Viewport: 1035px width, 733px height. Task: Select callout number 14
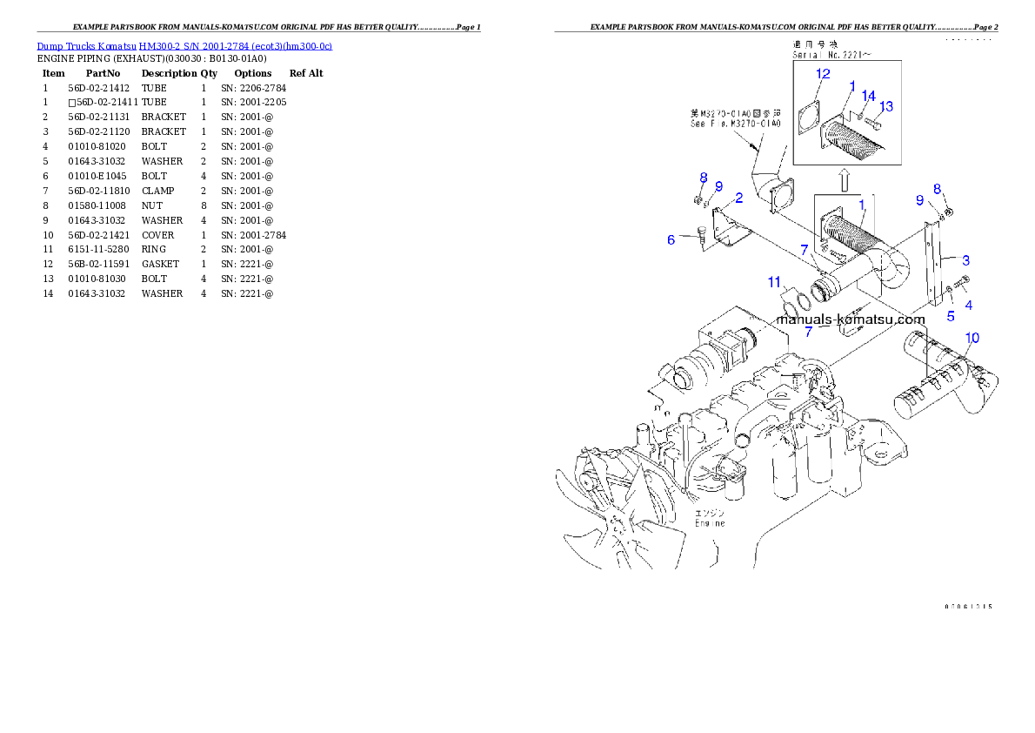[x=867, y=96]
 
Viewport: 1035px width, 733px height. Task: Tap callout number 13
[x=885, y=106]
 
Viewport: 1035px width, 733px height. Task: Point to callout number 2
[x=738, y=198]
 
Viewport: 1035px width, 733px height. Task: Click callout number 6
[x=671, y=239]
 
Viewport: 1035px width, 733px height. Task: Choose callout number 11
[x=774, y=281]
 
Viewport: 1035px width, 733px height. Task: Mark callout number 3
[x=965, y=259]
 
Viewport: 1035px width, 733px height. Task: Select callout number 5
[x=951, y=317]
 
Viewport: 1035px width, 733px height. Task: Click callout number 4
[x=968, y=305]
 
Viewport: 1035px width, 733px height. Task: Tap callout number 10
[x=972, y=337]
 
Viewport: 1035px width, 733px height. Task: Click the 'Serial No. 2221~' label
[x=831, y=54]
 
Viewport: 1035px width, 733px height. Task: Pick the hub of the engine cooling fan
[x=617, y=521]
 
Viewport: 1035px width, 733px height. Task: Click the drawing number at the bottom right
[x=968, y=606]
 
